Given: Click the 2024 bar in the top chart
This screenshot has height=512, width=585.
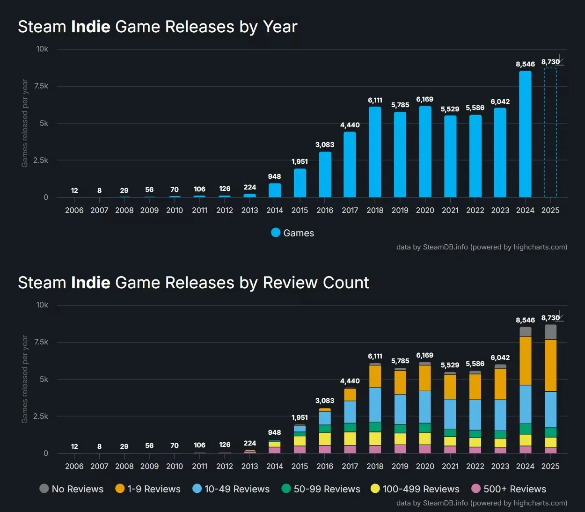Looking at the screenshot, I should pyautogui.click(x=525, y=134).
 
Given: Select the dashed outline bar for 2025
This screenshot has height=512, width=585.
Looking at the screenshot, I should pyautogui.click(x=550, y=133).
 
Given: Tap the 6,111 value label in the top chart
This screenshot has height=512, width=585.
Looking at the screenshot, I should pyautogui.click(x=375, y=100).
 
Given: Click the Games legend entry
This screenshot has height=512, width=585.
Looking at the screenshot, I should pyautogui.click(x=292, y=233).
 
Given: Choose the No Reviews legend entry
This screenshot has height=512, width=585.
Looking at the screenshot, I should pyautogui.click(x=72, y=489).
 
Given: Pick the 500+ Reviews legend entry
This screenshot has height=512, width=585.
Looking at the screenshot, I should pyautogui.click(x=509, y=489).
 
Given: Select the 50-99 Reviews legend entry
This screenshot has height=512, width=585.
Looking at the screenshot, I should pyautogui.click(x=321, y=489).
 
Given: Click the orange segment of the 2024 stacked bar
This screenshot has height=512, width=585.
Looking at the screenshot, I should pyautogui.click(x=526, y=361).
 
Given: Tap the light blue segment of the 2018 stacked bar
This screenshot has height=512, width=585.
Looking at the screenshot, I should pyautogui.click(x=375, y=405).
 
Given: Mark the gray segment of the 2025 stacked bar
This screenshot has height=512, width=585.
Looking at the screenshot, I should pyautogui.click(x=551, y=332).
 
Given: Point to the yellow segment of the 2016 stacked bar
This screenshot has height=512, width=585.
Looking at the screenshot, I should pyautogui.click(x=325, y=439).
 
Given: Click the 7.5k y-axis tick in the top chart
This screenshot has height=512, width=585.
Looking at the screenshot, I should pyautogui.click(x=41, y=86).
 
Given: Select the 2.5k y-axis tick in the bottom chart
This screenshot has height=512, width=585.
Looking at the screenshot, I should pyautogui.click(x=41, y=417).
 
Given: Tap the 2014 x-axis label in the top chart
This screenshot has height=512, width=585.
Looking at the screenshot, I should pyautogui.click(x=275, y=211).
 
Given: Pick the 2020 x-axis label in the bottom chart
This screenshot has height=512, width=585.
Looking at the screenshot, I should pyautogui.click(x=425, y=467).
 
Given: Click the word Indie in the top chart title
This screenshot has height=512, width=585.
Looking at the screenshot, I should pyautogui.click(x=91, y=27).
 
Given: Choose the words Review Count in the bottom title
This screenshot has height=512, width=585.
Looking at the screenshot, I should pyautogui.click(x=316, y=283).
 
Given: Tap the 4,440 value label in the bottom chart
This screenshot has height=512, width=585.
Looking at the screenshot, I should pyautogui.click(x=350, y=381).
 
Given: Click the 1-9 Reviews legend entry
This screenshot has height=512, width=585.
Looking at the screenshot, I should pyautogui.click(x=148, y=489).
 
